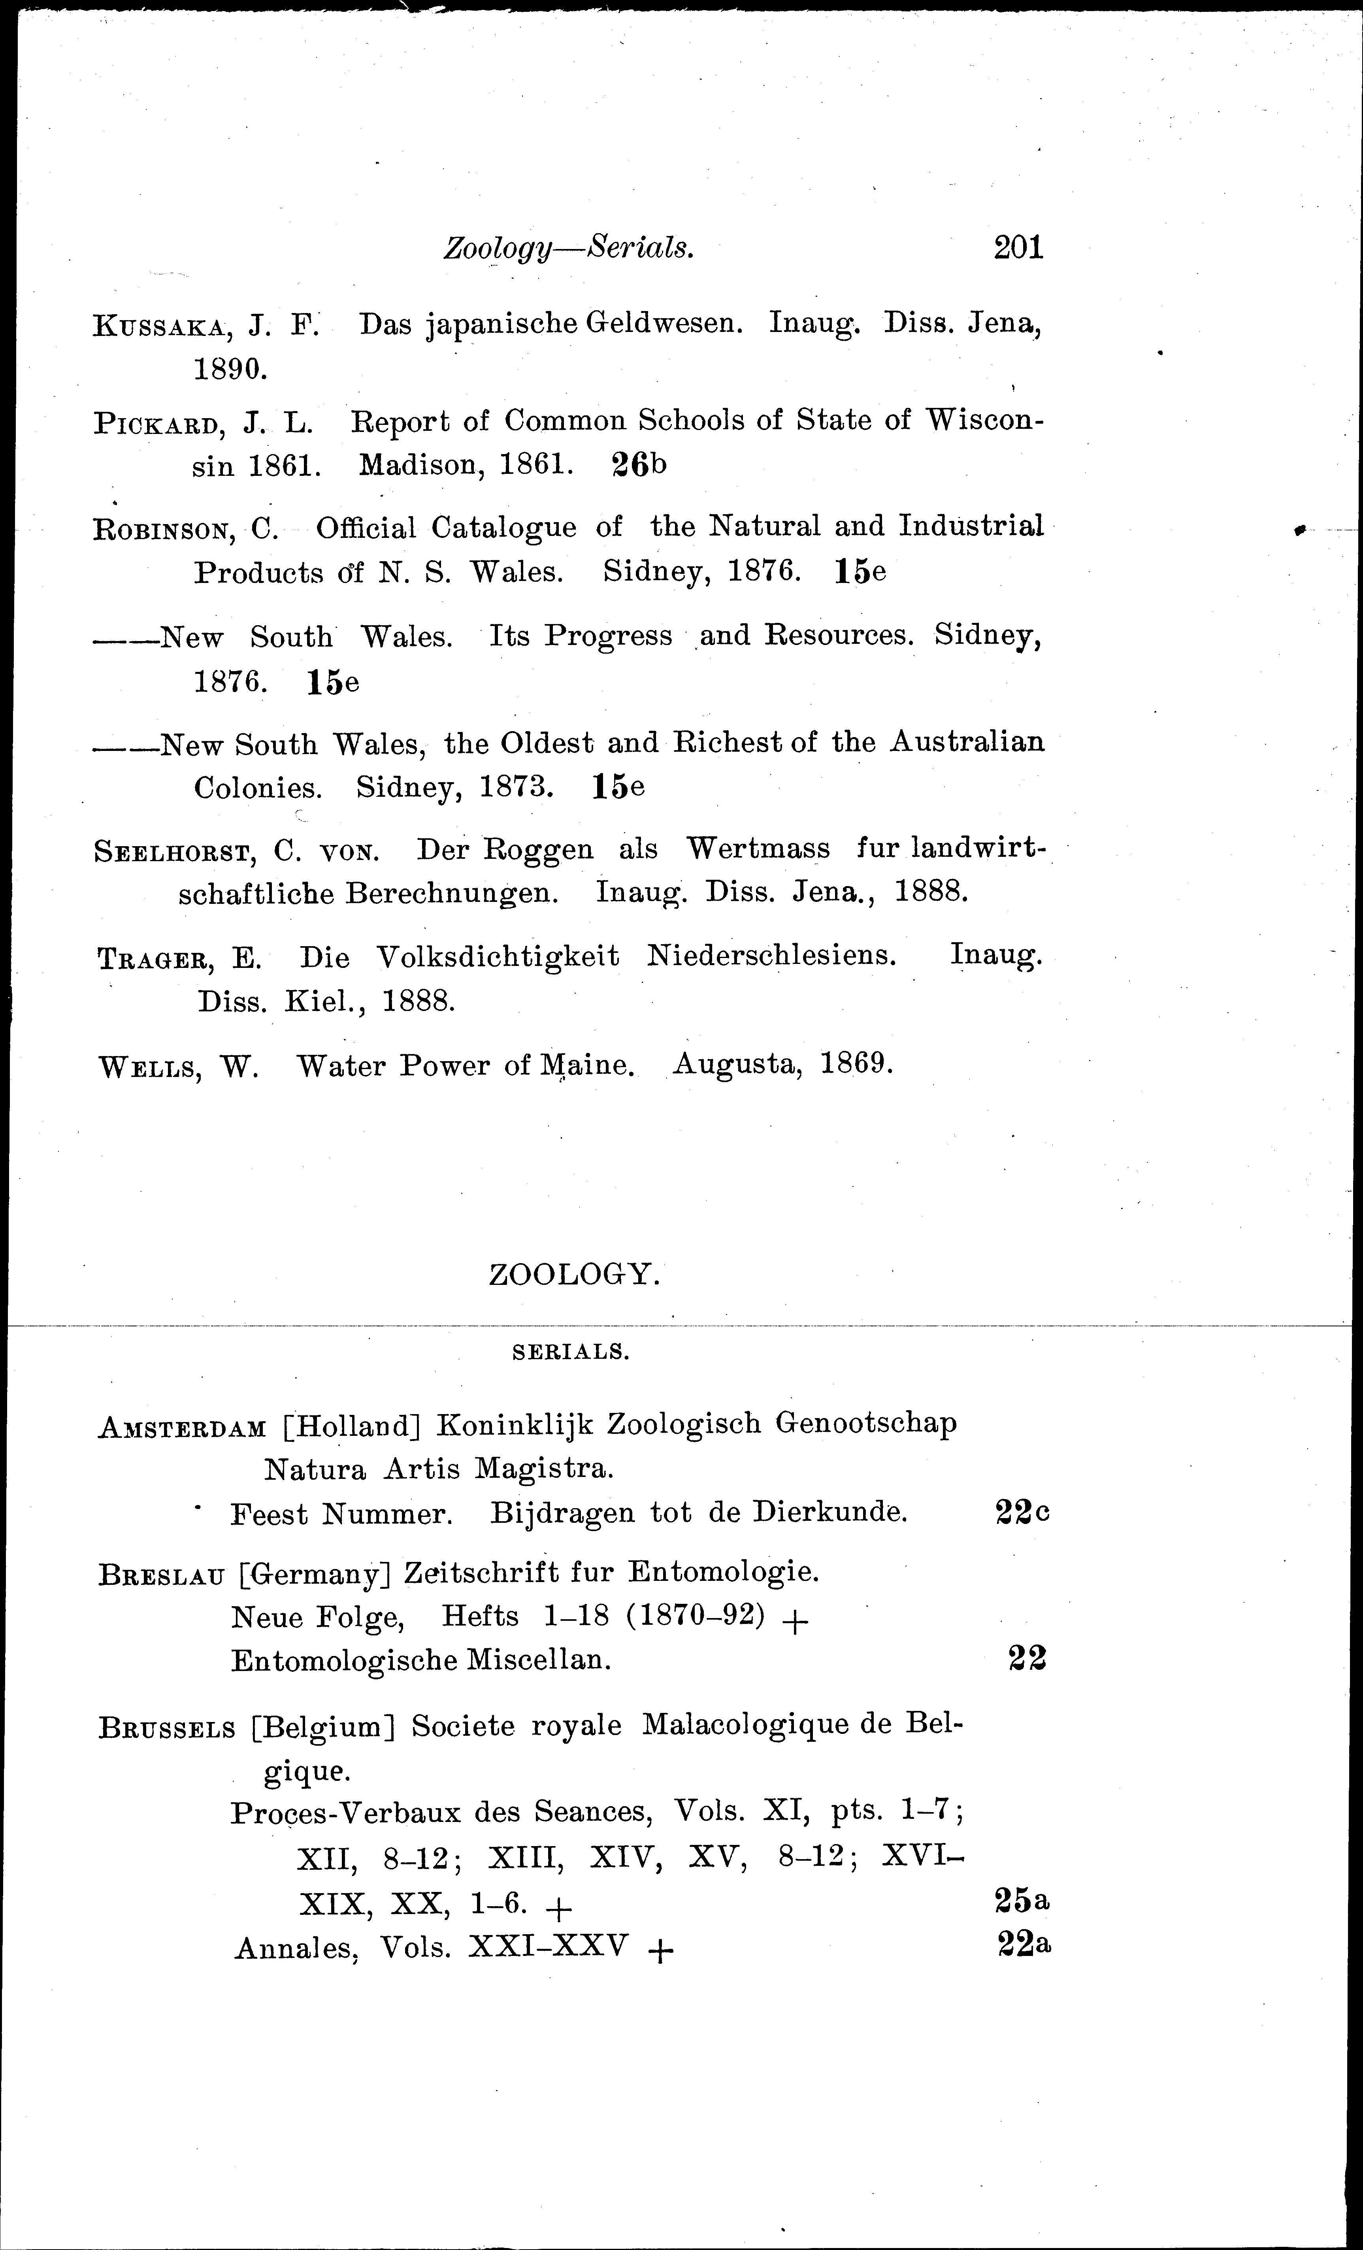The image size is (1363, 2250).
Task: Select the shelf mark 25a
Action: [x=1021, y=1901]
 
